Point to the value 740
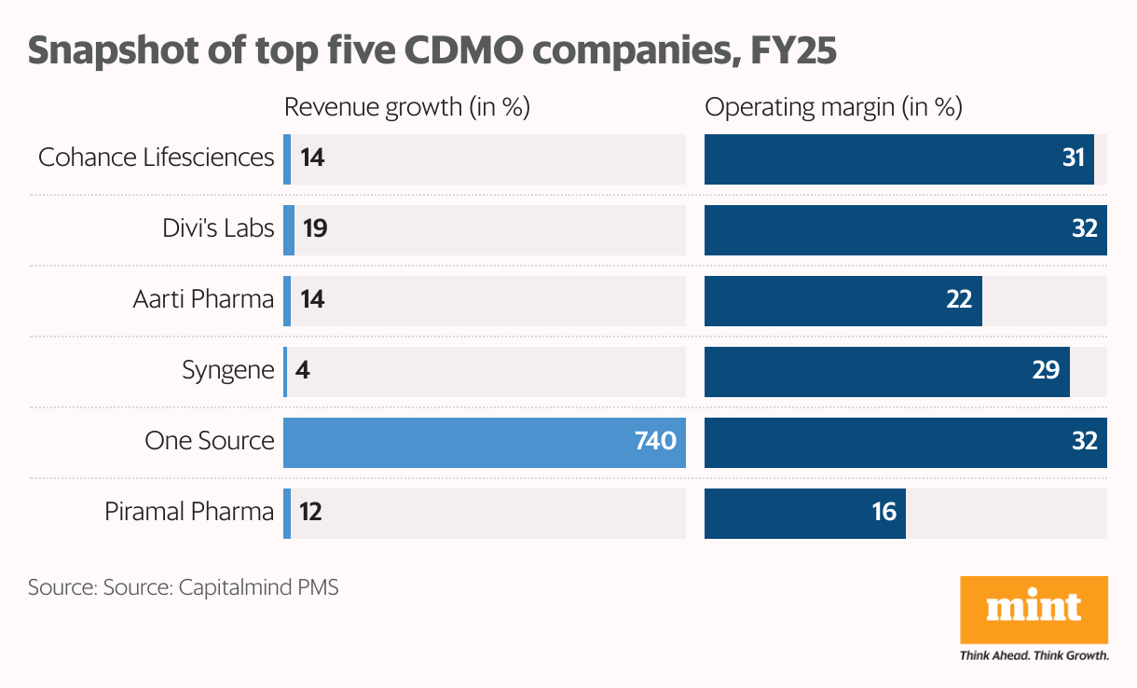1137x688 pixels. tap(655, 441)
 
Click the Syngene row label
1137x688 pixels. tap(227, 371)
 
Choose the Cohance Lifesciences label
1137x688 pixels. tap(156, 158)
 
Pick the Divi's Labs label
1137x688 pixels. tap(218, 228)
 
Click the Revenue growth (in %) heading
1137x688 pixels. tap(406, 107)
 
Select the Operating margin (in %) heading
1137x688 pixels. tap(833, 107)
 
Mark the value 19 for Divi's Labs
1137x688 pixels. tap(315, 228)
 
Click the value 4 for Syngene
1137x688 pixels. tap(303, 370)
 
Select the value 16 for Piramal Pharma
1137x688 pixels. tap(884, 512)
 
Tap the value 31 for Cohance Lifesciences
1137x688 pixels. tap(1074, 158)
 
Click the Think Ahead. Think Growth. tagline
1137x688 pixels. tap(1034, 655)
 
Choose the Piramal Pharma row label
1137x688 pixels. tap(189, 512)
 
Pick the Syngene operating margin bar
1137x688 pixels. tap(885, 370)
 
